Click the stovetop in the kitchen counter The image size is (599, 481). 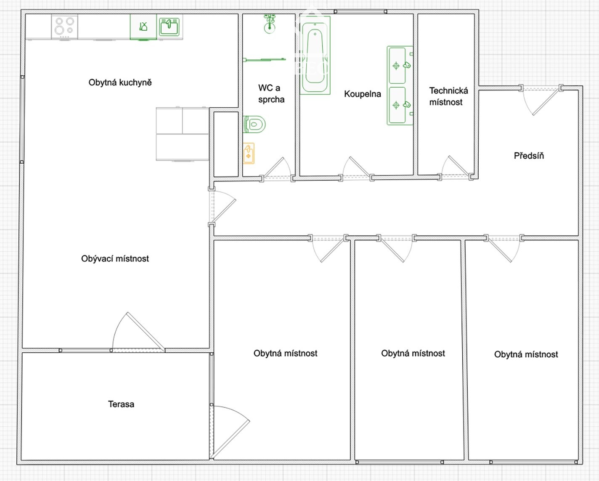(65, 27)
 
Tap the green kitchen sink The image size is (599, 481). (169, 27)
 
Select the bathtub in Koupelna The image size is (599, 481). (315, 55)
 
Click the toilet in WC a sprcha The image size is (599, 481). (254, 124)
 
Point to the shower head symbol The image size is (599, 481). (270, 24)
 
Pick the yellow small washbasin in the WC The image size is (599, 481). (249, 154)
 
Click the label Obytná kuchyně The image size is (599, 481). (120, 82)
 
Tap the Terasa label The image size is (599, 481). (121, 404)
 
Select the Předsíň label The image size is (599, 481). (529, 155)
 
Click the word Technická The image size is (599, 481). (448, 90)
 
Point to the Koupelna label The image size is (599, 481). (363, 94)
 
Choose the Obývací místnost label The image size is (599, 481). (115, 258)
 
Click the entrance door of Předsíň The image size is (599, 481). (541, 100)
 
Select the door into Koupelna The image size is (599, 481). (356, 168)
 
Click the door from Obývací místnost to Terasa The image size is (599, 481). (138, 332)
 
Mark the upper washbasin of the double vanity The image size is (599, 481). (397, 66)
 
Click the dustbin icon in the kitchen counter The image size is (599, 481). (143, 27)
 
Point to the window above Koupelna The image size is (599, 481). (360, 11)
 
